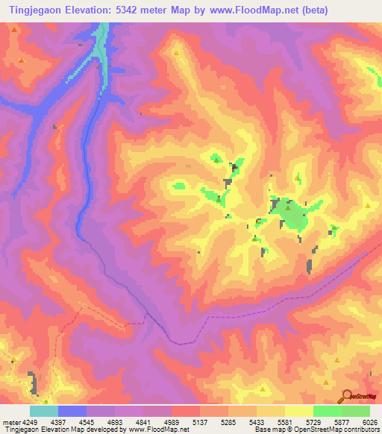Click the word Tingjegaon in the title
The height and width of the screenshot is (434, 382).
[33, 10]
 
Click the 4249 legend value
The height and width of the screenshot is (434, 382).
[28, 422]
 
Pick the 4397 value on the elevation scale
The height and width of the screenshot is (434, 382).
[62, 422]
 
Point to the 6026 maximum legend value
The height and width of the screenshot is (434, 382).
[370, 422]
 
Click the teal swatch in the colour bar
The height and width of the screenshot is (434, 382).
[43, 411]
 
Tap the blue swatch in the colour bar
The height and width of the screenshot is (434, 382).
[72, 411]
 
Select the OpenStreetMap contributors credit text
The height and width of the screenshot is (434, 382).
[336, 430]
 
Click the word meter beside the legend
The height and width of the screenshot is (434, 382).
[10, 422]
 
